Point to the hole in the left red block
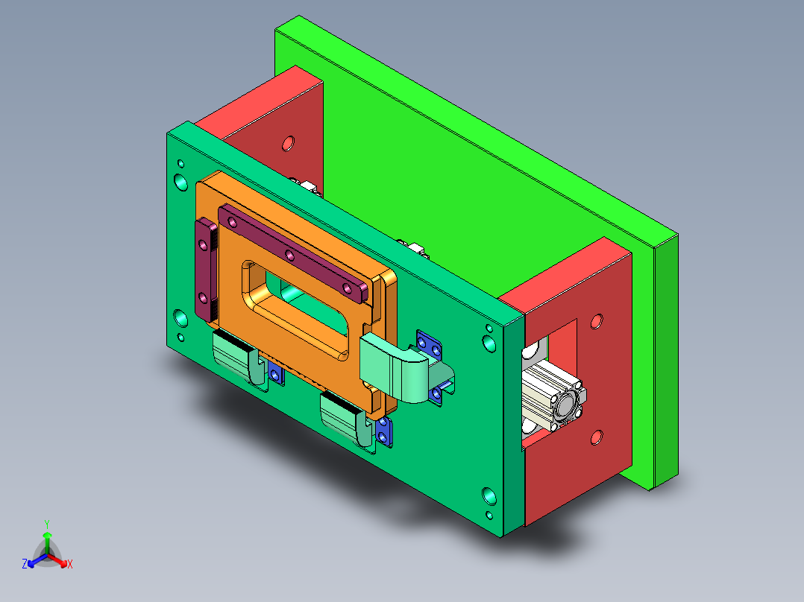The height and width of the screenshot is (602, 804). pos(288,142)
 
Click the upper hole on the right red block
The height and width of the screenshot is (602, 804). pos(596,321)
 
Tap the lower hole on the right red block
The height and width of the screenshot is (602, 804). pos(596,437)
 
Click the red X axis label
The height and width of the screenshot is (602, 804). pos(69,564)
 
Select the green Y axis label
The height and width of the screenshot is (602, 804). pos(47,524)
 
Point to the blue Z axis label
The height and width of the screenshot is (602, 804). pos(25,564)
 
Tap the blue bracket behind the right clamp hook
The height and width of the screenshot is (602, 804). pos(430,346)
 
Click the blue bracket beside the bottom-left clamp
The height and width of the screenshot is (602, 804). pos(277,376)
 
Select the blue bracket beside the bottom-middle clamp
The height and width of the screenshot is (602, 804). pos(384,431)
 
